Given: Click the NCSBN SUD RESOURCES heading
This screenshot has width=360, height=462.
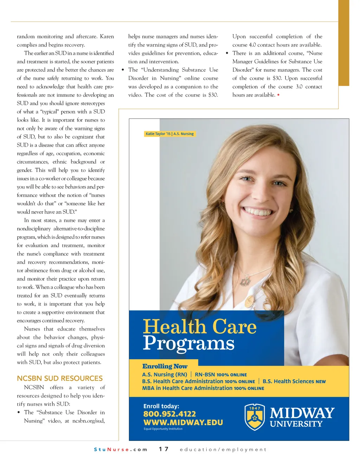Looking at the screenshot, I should pos(60,378).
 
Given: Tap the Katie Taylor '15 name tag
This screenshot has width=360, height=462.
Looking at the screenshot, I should pos(169,134).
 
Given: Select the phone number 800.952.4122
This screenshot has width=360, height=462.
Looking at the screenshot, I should pos(169,414).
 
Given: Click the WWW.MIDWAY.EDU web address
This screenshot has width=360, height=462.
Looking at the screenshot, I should pos(183,422).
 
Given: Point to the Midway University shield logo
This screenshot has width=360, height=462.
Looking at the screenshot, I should pos(255,417).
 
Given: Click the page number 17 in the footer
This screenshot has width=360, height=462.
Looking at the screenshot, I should pos(163,449).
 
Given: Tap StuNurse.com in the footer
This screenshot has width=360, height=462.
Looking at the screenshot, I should pos(121,449).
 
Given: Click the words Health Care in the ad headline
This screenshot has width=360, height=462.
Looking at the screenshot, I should pos(200,327).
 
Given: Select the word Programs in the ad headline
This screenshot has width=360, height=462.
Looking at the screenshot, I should pos(188,343).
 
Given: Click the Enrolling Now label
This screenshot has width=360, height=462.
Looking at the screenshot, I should pos(165,366).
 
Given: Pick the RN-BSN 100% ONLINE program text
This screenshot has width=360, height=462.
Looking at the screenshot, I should pos(221,374).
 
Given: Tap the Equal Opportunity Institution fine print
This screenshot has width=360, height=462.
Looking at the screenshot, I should pos(163,429).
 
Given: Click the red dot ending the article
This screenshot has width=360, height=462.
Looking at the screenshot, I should pos(278,95).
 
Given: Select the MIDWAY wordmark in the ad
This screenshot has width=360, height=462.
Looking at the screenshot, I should pos(302,413).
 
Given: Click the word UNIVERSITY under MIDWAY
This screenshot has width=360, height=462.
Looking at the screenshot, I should pos(296,424).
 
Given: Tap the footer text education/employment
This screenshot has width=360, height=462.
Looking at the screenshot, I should pos(223,449).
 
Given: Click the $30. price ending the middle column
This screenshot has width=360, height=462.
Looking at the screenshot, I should pos(213,95).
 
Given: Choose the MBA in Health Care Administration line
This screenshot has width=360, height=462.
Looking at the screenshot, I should pos(203,388).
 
